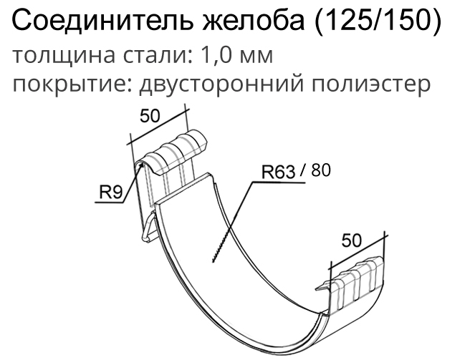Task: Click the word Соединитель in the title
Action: pos(102,21)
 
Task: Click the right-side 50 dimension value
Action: pos(351,241)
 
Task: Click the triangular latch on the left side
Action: pos(148,227)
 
